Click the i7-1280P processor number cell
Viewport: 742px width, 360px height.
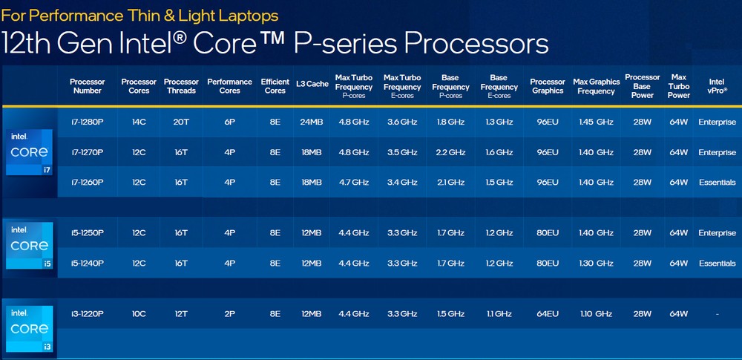87,122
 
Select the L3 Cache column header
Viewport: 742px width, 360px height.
312,85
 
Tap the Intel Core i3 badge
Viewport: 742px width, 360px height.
29,329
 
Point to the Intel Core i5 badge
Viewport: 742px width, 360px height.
29,246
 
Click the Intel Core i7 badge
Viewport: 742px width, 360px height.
29,152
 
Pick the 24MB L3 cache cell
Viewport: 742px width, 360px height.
312,122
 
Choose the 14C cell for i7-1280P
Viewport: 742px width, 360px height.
139,122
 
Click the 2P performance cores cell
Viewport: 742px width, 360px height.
229,314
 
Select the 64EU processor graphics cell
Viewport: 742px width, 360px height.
548,314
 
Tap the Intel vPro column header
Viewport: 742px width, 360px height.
717,86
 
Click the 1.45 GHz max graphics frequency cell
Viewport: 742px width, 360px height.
596,122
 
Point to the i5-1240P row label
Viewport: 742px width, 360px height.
87,264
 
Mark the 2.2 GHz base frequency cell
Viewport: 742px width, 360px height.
450,152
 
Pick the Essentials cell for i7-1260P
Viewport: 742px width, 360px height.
717,183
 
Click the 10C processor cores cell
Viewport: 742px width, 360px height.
139,314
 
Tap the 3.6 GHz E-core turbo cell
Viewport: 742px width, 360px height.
402,122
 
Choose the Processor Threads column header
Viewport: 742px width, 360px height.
181,86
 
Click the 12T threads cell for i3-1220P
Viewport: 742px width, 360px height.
181,314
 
